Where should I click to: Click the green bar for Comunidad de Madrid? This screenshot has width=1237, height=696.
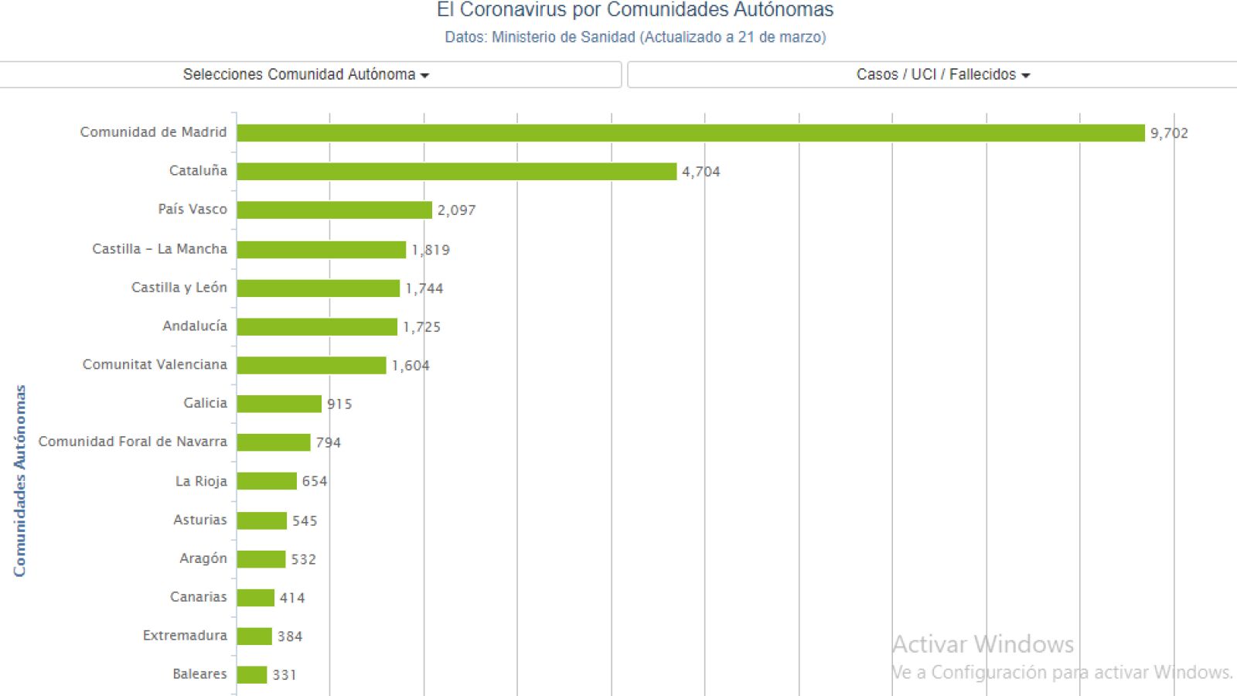click(x=690, y=133)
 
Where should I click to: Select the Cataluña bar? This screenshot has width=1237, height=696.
click(x=456, y=172)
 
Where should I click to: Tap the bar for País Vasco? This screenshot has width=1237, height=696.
click(x=334, y=210)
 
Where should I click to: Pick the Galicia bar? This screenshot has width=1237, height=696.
click(x=278, y=404)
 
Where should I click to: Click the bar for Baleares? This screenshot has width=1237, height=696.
click(x=251, y=674)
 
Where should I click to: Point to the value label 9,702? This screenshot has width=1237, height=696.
click(x=1168, y=133)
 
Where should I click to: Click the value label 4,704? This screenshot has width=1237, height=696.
click(x=700, y=172)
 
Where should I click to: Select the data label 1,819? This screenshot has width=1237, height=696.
click(x=431, y=250)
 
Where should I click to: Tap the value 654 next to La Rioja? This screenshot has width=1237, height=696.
click(x=315, y=481)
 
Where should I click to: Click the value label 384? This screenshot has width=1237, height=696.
click(x=290, y=636)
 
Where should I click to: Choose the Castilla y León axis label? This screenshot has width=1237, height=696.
click(x=179, y=288)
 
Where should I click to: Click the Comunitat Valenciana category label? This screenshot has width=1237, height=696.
click(x=155, y=364)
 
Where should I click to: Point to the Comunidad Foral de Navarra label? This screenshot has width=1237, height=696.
click(x=133, y=442)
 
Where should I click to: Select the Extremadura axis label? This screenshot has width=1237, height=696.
click(x=185, y=635)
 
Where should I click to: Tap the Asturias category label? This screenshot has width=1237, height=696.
click(x=200, y=520)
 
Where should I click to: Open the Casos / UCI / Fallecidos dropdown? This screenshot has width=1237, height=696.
click(x=942, y=75)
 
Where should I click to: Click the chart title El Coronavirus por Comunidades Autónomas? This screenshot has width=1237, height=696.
click(x=635, y=10)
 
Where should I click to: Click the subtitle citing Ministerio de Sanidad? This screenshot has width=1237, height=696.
click(x=635, y=37)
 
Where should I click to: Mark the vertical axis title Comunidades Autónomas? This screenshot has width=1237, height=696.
click(x=19, y=481)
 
